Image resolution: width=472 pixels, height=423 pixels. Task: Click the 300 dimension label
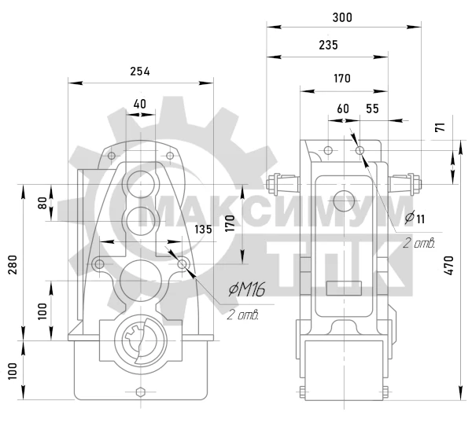coord(342,18)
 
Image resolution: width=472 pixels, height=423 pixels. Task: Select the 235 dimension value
coord(328,45)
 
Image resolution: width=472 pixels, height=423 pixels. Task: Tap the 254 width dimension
coord(140,72)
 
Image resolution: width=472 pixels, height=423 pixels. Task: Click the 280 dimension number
coord(13,265)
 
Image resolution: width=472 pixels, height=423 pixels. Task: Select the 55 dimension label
coord(372,109)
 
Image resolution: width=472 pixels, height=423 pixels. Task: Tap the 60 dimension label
coord(343,109)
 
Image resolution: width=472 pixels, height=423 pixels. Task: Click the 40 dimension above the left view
coord(140,104)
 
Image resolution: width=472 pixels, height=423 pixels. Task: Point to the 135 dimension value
coord(203,230)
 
